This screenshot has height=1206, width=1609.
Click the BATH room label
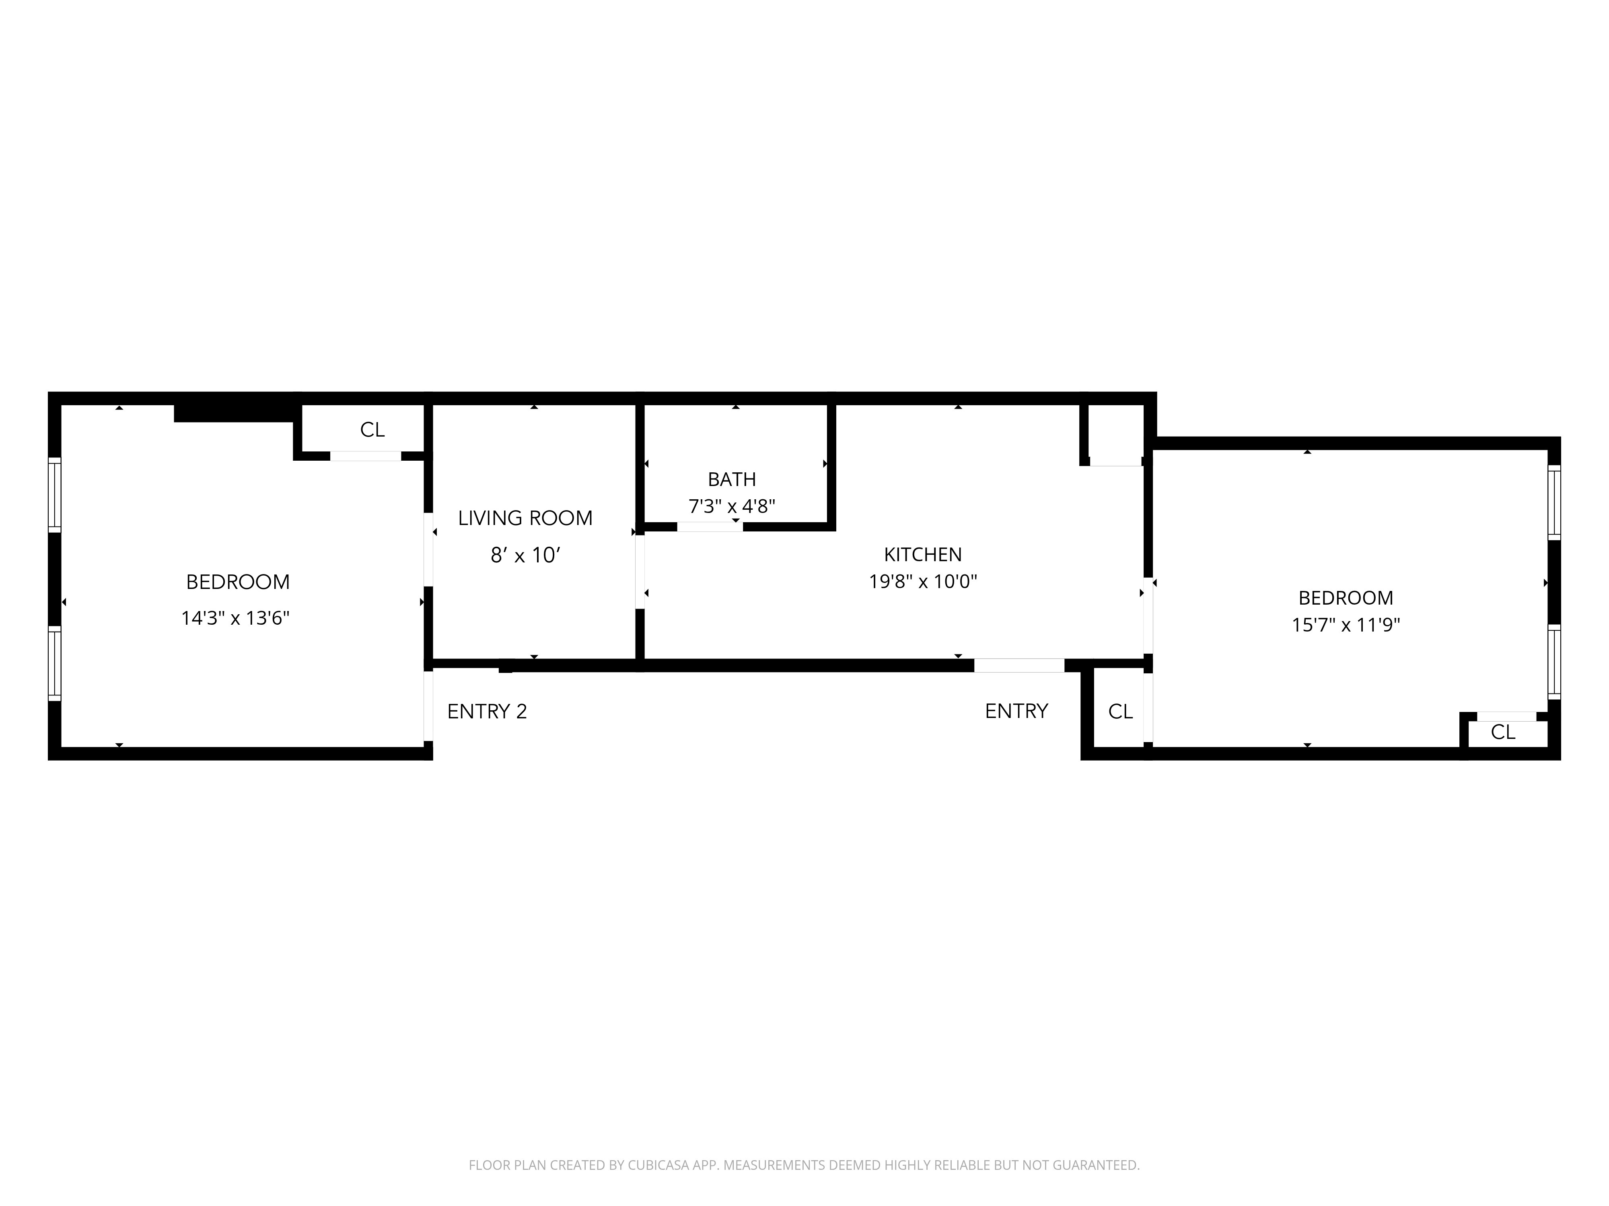pos(732,479)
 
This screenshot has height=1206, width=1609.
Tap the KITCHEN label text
pos(922,555)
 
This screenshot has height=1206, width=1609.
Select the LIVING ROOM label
pos(525,518)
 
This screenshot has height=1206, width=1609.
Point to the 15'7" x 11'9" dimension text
pos(1346,625)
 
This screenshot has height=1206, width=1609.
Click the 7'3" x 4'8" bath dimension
pos(732,506)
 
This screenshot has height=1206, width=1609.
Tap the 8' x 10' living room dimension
pos(525,556)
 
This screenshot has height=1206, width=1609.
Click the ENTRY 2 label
pos(487,712)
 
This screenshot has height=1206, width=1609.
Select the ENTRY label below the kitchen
pos(1016,711)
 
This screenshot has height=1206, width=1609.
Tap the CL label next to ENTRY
pos(1120,712)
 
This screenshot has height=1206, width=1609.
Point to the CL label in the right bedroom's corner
pos(1503,732)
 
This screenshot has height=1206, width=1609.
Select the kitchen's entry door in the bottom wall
pos(1019,665)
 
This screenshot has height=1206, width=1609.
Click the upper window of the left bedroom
pos(55,494)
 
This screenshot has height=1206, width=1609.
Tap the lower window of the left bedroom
pos(55,663)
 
